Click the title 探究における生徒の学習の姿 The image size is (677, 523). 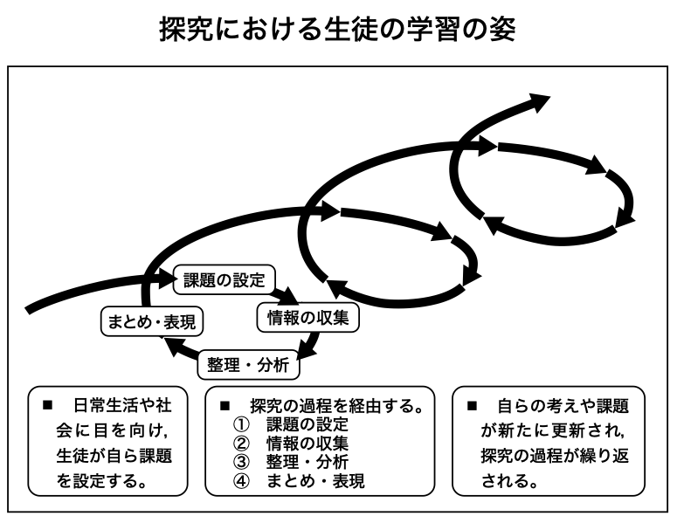[338, 30]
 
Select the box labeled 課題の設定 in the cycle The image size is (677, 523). [225, 279]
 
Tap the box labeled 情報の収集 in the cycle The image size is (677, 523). [307, 318]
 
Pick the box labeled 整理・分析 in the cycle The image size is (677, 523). [248, 365]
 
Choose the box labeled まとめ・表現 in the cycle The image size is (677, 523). [151, 321]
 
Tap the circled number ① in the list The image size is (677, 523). [241, 424]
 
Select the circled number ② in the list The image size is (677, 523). [241, 444]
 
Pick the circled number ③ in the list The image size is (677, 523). [241, 462]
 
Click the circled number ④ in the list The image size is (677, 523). [241, 481]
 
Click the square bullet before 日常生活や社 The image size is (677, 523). [47, 405]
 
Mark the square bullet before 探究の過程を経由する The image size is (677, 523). [225, 406]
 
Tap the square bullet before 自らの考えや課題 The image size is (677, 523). [472, 406]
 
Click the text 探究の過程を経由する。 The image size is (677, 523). [336, 406]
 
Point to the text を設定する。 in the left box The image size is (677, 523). [102, 481]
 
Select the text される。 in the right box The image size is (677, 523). [509, 481]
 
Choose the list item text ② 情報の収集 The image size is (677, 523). [291, 444]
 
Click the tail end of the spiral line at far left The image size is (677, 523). [28, 311]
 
